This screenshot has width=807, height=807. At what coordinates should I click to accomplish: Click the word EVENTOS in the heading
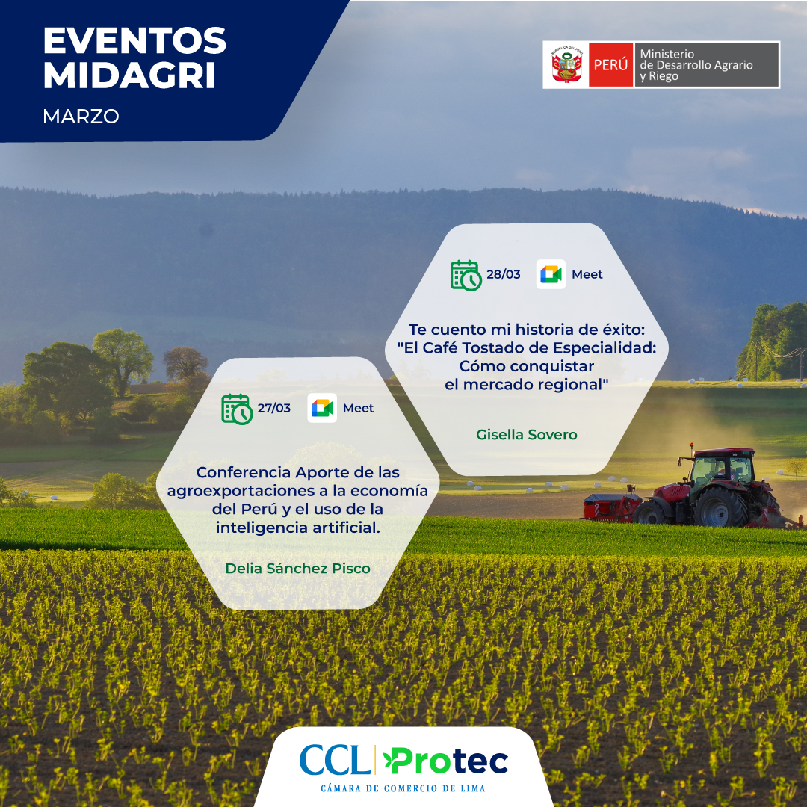click(x=134, y=40)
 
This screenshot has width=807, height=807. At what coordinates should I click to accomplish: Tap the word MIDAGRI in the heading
click(x=129, y=75)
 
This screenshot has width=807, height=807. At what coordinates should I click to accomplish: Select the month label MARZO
click(x=81, y=117)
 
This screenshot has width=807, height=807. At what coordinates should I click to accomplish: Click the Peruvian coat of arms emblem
click(x=566, y=65)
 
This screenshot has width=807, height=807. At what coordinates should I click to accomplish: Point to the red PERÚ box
click(x=610, y=65)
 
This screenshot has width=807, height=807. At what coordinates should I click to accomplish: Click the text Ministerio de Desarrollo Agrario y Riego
click(x=696, y=65)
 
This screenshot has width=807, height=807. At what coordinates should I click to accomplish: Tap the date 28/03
click(x=504, y=274)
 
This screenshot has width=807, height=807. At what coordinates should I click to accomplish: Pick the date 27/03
click(x=273, y=408)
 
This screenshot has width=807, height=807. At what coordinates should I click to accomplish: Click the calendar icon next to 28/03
click(x=466, y=275)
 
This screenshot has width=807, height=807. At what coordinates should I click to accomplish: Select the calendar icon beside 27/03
click(x=237, y=409)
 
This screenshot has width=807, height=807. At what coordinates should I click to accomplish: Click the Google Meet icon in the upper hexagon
click(x=551, y=274)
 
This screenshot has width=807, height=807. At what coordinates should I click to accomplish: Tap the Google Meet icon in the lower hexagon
click(x=322, y=408)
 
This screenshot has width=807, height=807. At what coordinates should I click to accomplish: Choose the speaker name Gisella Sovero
click(x=527, y=435)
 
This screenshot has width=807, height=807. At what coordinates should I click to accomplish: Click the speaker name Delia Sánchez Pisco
click(x=298, y=569)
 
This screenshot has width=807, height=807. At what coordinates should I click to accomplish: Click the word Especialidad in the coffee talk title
click(x=605, y=348)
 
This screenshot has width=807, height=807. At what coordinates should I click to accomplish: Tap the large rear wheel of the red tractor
click(x=720, y=507)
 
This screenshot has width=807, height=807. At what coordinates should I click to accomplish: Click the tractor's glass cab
click(x=720, y=469)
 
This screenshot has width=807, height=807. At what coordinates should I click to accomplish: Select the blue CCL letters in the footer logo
click(x=335, y=760)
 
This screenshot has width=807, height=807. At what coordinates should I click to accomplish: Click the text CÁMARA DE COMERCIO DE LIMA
click(x=403, y=788)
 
